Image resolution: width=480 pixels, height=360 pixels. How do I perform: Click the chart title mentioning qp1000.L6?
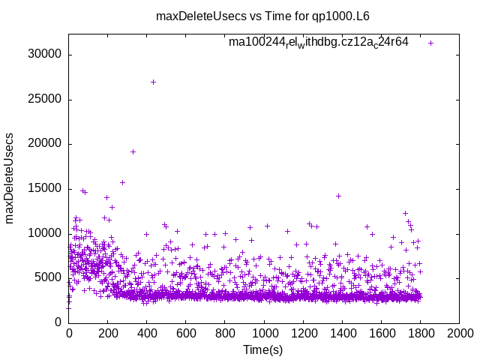262,16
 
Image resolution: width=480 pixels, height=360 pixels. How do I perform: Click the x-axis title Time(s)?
262,349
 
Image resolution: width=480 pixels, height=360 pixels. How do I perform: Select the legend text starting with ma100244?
319,42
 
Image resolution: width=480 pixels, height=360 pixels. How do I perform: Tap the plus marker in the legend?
430,43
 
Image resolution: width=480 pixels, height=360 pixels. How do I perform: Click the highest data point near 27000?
154,82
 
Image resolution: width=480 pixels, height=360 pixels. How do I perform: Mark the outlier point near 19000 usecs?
133,151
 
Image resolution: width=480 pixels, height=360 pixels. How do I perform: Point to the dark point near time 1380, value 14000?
338,196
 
